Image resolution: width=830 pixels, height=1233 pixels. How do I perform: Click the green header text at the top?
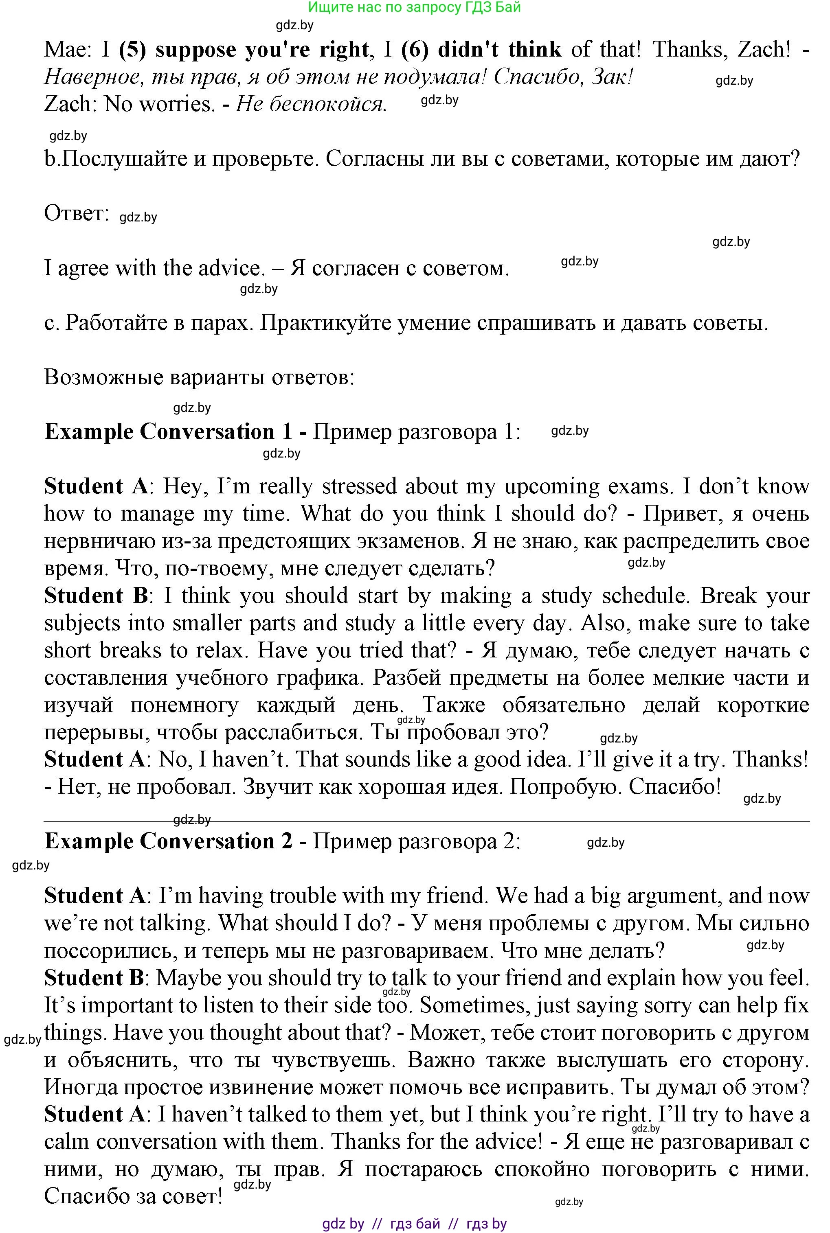tap(415, 7)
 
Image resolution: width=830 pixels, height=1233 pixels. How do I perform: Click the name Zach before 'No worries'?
tap(67, 104)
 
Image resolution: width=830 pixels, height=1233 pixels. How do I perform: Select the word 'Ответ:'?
tap(76, 214)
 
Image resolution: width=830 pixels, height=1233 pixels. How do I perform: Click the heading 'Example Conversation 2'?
tap(168, 841)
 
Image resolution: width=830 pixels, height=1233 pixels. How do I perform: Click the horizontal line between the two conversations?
tap(426, 821)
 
